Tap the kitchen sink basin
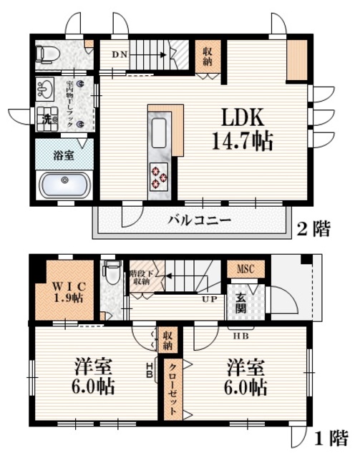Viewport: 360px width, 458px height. (x=159, y=132)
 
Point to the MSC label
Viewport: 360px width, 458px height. (x=245, y=270)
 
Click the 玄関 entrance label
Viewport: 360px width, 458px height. (x=238, y=304)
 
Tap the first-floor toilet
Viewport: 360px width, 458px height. (x=111, y=273)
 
